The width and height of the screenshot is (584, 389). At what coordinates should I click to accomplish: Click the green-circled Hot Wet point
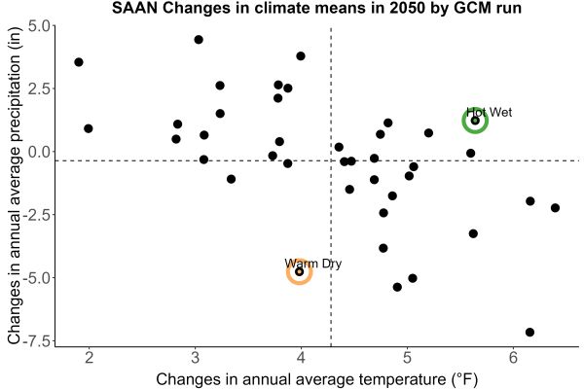click(475, 121)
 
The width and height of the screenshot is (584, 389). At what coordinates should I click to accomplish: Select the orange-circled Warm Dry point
click(300, 271)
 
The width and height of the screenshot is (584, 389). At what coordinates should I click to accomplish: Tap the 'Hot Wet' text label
click(490, 112)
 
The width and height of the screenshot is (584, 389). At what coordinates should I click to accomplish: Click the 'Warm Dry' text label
click(313, 264)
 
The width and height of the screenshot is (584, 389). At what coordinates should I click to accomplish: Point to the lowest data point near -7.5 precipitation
click(529, 332)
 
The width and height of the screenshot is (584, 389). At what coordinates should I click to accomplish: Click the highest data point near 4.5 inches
click(199, 40)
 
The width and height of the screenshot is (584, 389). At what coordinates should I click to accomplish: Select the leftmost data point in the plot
click(79, 62)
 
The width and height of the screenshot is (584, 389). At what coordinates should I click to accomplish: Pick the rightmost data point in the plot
click(555, 208)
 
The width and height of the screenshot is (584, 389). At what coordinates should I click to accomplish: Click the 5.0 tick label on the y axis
click(39, 26)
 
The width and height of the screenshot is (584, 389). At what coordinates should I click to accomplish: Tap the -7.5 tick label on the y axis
click(37, 341)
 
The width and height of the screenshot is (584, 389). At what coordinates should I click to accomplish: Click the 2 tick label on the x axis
click(89, 358)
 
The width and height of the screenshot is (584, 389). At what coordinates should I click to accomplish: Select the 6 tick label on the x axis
click(514, 358)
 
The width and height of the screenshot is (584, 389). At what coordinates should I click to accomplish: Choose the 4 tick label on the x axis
click(302, 358)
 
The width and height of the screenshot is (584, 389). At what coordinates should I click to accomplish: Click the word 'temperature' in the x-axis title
click(402, 379)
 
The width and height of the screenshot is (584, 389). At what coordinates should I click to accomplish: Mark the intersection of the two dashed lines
click(331, 160)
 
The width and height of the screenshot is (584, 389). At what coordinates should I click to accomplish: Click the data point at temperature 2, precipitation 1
click(89, 128)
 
